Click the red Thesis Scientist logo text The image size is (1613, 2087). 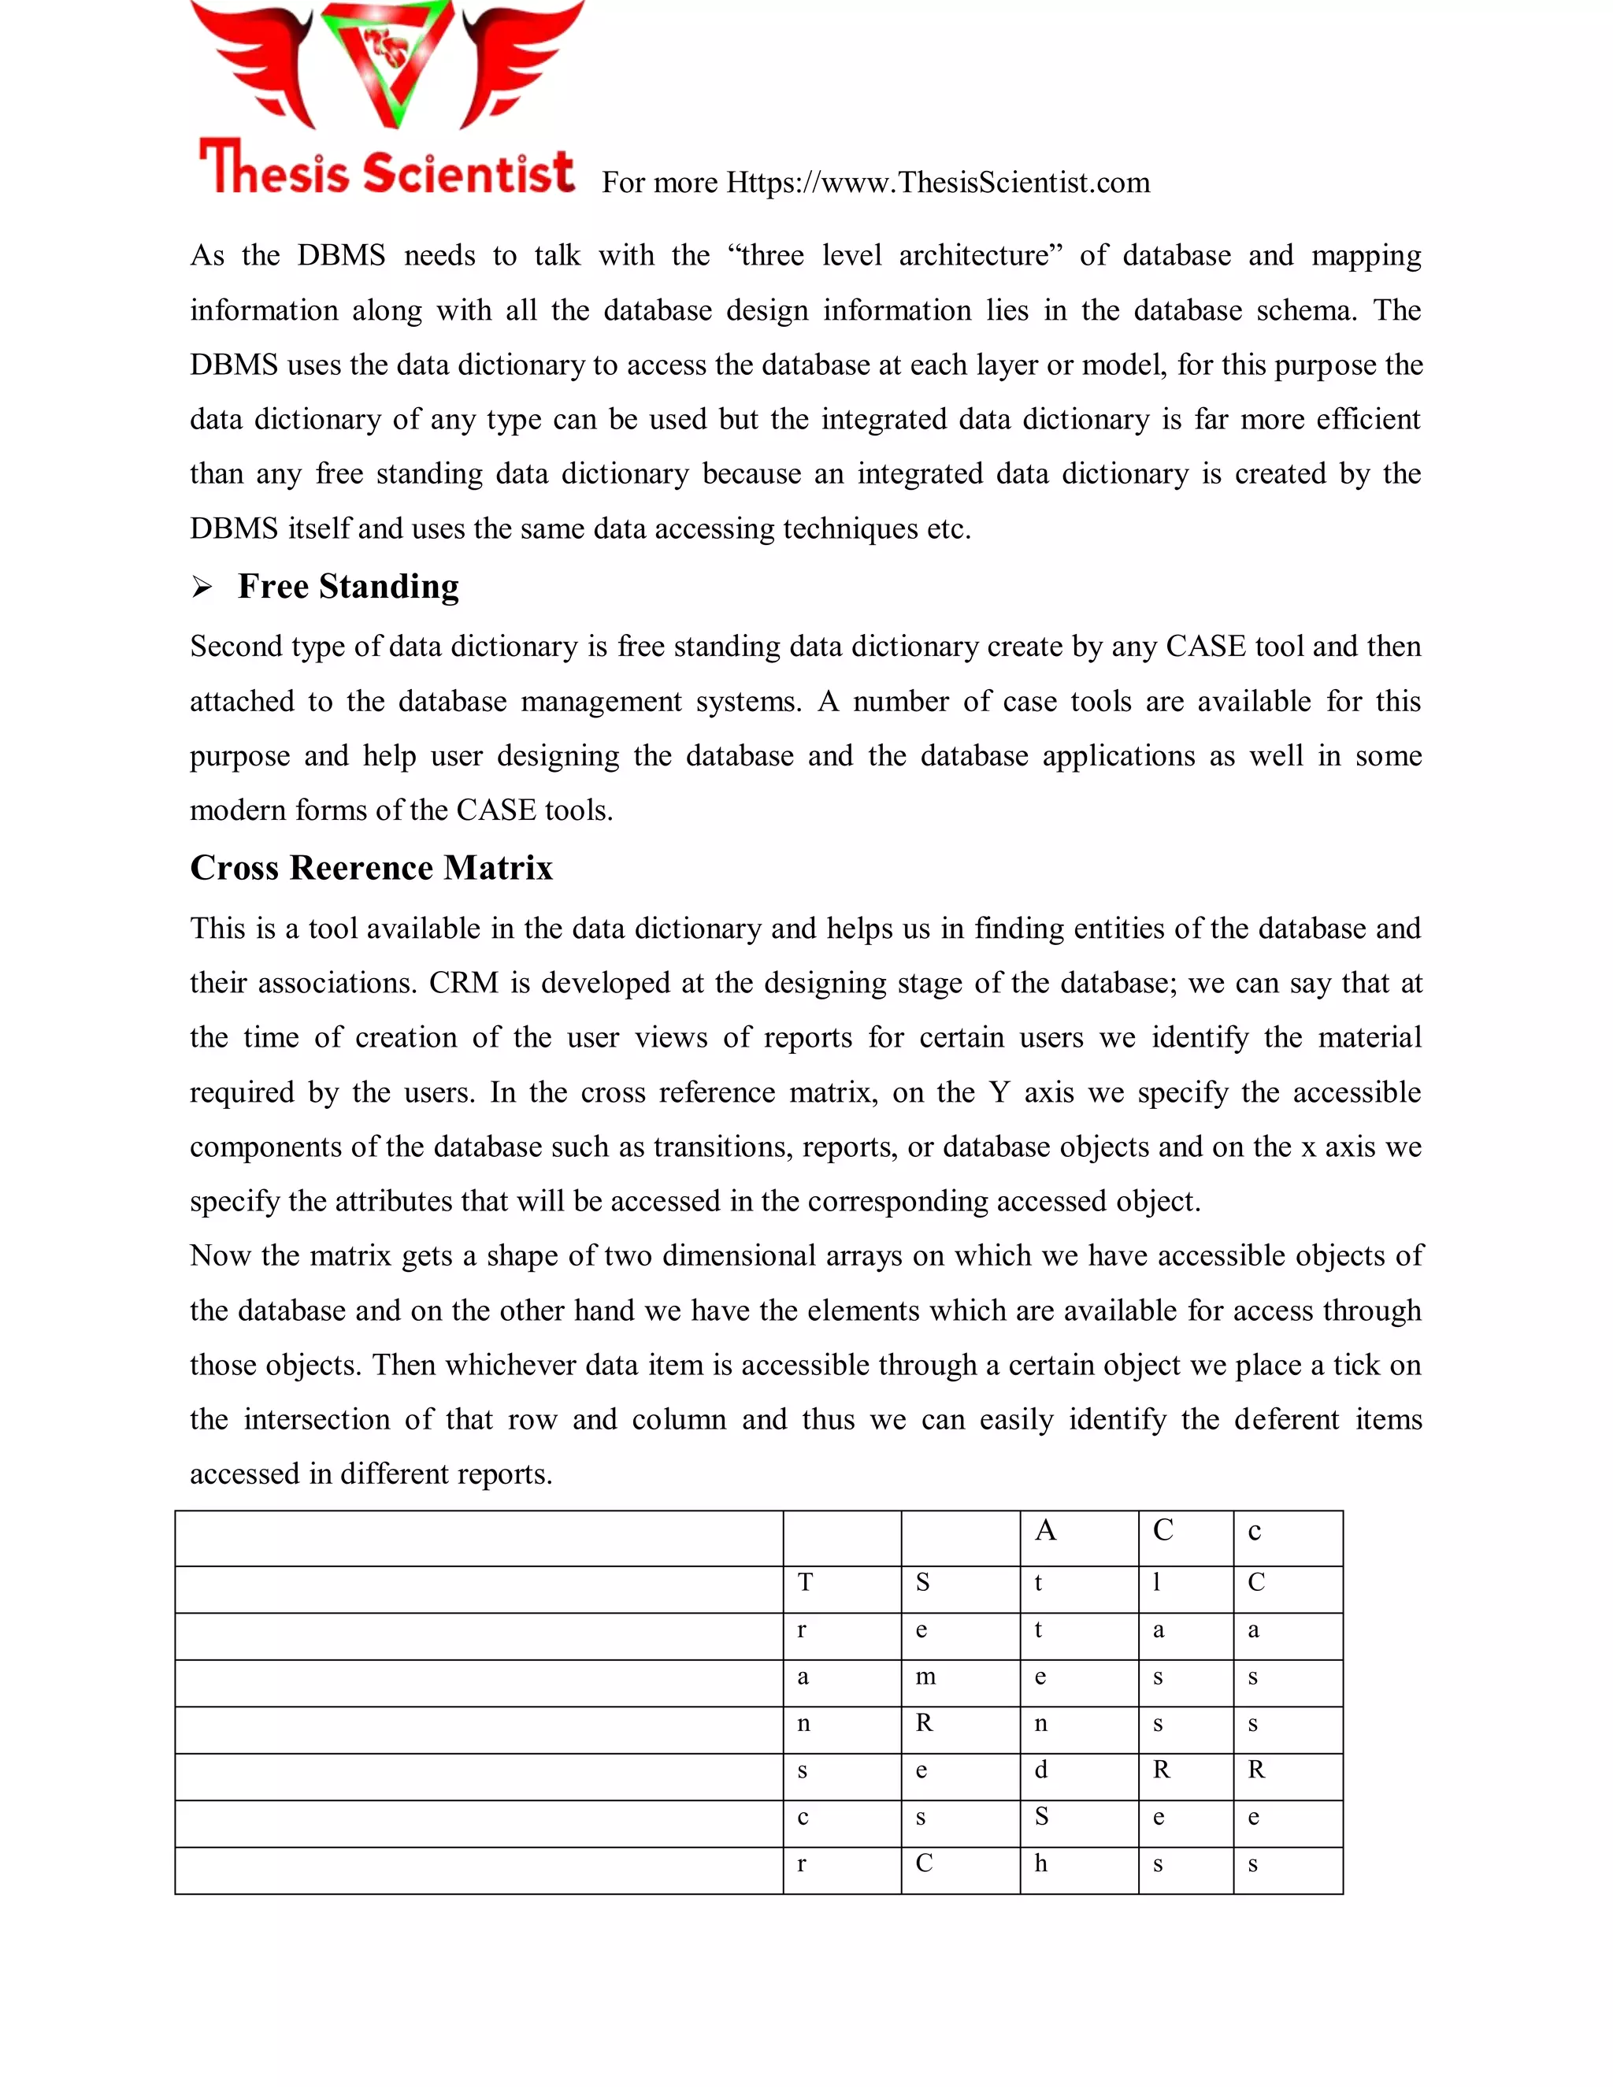pos(386,170)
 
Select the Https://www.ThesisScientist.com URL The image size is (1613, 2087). pos(937,183)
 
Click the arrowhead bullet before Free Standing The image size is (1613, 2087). pos(202,588)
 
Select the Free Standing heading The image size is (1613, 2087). pos(348,586)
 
